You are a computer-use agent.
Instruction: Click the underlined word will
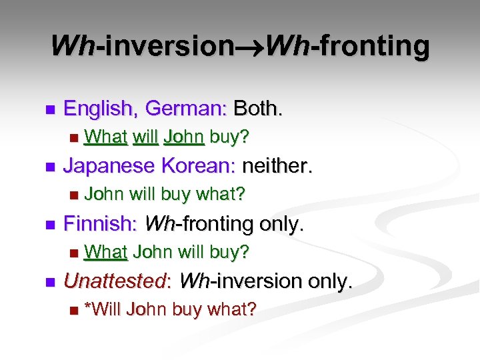pyautogui.click(x=145, y=137)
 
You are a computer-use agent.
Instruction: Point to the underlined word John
pyautogui.click(x=183, y=137)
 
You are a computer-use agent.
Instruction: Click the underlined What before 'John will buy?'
pyautogui.click(x=107, y=252)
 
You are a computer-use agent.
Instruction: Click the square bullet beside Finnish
pyautogui.click(x=46, y=225)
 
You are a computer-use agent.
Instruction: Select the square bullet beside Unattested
pyautogui.click(x=46, y=282)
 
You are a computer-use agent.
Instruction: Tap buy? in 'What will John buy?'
pyautogui.click(x=229, y=137)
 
